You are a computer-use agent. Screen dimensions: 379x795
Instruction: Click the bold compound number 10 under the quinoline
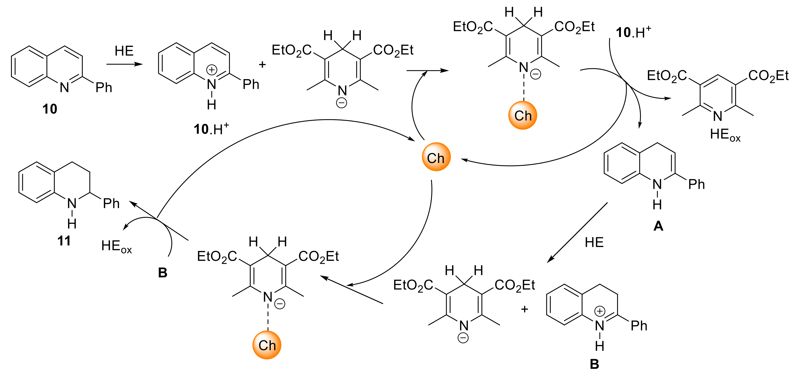[x=50, y=109]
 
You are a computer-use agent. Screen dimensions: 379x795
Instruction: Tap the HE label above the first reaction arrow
[x=124, y=51]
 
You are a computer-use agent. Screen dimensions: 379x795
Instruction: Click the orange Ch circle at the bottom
[x=267, y=345]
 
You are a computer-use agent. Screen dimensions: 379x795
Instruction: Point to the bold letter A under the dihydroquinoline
[x=658, y=226]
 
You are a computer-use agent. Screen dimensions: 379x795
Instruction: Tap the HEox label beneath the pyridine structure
[x=725, y=135]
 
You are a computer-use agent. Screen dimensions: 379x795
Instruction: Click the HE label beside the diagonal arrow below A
[x=594, y=243]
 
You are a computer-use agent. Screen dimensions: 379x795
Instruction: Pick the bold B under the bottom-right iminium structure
[x=594, y=364]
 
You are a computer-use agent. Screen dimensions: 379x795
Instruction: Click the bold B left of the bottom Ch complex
[x=163, y=273]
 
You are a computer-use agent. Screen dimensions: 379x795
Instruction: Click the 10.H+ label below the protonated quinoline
[x=211, y=129]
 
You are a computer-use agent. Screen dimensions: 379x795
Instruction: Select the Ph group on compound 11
[x=111, y=203]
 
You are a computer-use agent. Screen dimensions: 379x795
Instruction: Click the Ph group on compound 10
[x=104, y=88]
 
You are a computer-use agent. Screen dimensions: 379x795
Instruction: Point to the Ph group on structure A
[x=697, y=185]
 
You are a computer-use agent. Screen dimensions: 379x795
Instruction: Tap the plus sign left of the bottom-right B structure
[x=524, y=309]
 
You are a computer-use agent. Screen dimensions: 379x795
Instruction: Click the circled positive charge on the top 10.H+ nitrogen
[x=212, y=70]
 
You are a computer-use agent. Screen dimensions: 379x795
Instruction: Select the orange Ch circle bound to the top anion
[x=523, y=115]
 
